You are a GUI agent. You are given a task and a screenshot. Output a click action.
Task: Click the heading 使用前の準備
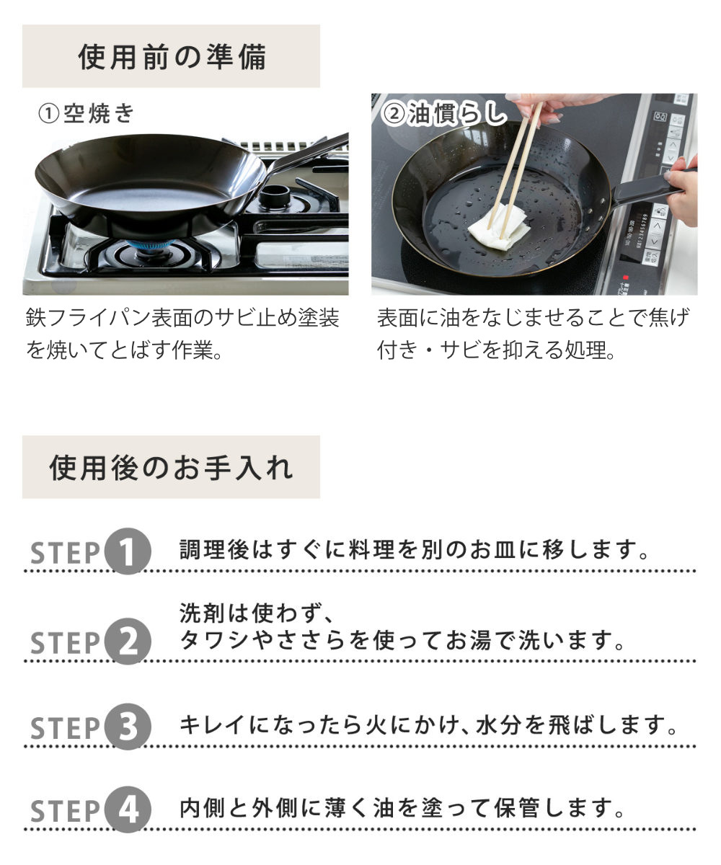172,57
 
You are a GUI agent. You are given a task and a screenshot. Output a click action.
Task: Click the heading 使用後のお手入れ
172,467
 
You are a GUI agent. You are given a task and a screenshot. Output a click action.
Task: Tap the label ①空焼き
86,113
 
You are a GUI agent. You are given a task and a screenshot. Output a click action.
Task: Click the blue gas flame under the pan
154,246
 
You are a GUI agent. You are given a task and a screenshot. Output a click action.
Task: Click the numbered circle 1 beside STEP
128,552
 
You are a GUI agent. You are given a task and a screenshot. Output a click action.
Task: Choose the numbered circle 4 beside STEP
128,811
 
